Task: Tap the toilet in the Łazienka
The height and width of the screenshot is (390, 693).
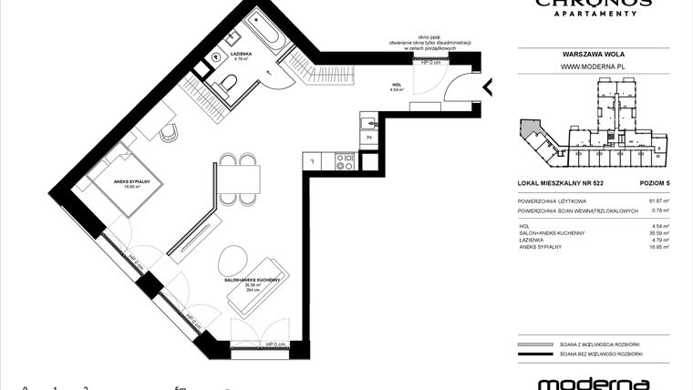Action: click(232, 85)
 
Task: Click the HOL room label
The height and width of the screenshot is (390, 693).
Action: click(396, 86)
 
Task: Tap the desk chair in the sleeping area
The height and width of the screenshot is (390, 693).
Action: click(170, 133)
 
